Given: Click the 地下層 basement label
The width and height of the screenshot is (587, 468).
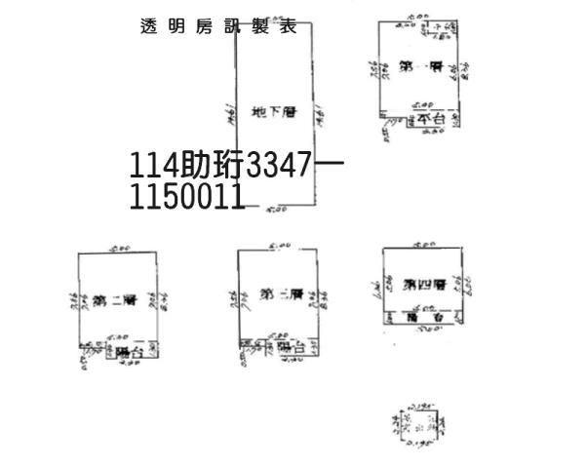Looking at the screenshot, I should pyautogui.click(x=272, y=113).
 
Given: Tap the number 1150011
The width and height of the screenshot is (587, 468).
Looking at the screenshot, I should pyautogui.click(x=186, y=198).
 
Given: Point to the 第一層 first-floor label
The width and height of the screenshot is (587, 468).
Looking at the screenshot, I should pyautogui.click(x=421, y=67).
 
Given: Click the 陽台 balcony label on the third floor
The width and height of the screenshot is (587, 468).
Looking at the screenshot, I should pyautogui.click(x=291, y=347).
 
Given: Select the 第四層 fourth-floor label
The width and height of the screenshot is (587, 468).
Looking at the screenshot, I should pyautogui.click(x=424, y=284).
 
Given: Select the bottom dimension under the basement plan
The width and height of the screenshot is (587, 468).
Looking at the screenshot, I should pyautogui.click(x=276, y=208).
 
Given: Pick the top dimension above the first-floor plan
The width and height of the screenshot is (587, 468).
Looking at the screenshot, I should pyautogui.click(x=419, y=17).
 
